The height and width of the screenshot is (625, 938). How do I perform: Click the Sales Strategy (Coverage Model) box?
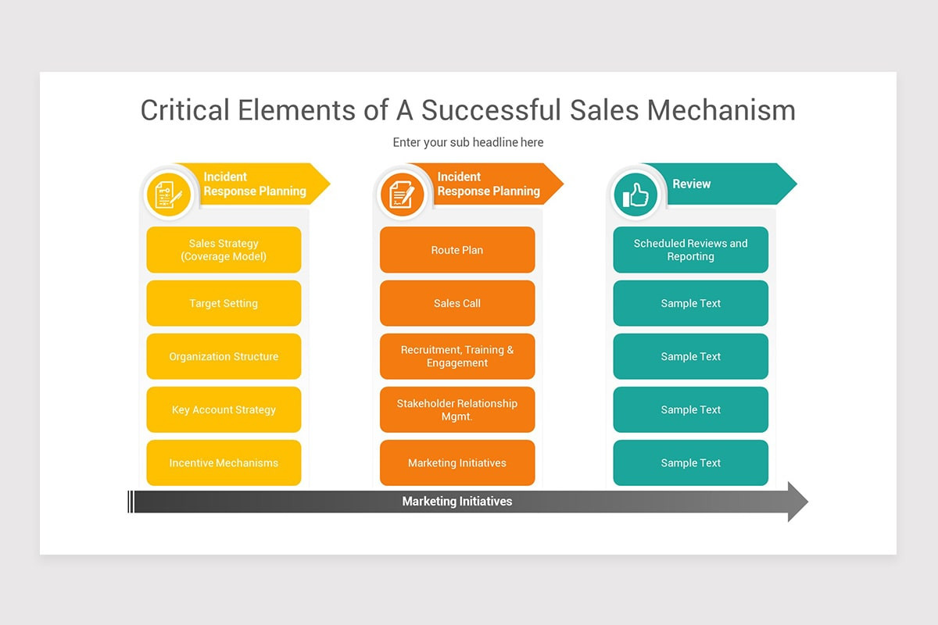[224, 250]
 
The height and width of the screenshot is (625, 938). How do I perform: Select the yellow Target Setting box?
[224, 303]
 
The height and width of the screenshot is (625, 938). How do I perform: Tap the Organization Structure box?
[224, 356]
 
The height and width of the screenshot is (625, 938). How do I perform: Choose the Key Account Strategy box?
[224, 409]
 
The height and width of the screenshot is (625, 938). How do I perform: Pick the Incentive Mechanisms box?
[224, 462]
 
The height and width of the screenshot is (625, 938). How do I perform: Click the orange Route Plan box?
[457, 250]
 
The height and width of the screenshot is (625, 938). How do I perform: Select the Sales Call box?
[457, 303]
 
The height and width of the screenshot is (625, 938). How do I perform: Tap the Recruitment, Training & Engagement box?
[457, 356]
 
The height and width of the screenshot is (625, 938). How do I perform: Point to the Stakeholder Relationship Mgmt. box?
[457, 409]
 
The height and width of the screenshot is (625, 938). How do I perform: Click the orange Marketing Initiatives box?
[457, 462]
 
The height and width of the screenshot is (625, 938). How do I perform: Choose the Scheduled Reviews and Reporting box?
[690, 250]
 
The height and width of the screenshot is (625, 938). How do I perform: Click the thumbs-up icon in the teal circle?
[635, 195]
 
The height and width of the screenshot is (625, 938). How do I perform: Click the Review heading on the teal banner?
[692, 184]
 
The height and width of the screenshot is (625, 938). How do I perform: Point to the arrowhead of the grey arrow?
[797, 502]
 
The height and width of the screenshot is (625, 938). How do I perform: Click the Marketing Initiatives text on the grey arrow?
[457, 502]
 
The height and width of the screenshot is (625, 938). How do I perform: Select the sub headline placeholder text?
[468, 142]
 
